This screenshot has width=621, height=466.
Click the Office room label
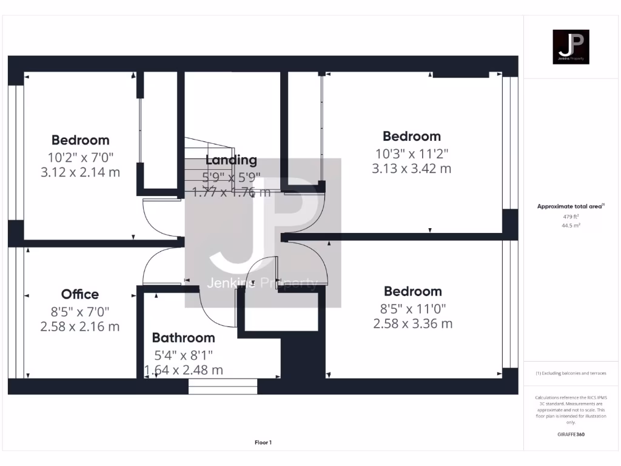[x=80, y=294]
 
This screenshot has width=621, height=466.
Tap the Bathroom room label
[x=183, y=338]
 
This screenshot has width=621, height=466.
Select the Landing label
[x=231, y=160]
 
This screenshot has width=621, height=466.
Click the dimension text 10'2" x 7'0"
[x=80, y=157]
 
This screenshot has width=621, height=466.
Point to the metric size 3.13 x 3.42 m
[x=411, y=169]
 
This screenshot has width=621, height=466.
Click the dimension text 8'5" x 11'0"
[x=412, y=308]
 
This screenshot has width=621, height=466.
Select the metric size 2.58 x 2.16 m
[x=80, y=326]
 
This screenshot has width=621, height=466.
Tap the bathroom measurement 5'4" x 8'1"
[x=183, y=354]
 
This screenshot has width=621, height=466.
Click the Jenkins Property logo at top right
[x=571, y=47]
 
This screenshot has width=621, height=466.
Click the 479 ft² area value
[x=571, y=216]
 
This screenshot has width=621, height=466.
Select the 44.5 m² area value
[x=571, y=225]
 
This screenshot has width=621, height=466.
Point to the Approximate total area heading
[x=570, y=206]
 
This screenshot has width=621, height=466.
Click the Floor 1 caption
[x=263, y=442]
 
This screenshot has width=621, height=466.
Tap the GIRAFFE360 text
[x=571, y=434]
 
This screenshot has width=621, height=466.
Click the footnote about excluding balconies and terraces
[x=571, y=373]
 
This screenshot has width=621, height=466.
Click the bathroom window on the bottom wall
[x=223, y=387]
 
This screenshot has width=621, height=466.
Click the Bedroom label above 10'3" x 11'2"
[x=411, y=136]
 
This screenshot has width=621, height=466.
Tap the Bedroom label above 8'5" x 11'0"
[x=412, y=291]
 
